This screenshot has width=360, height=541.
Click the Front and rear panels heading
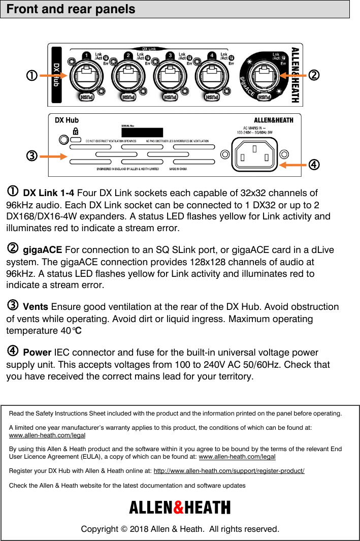71,9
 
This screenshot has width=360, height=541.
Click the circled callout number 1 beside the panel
31,76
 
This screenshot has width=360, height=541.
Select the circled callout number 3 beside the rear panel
31,155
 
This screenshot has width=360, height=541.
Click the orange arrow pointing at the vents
53,156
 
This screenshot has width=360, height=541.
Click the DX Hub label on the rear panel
67,120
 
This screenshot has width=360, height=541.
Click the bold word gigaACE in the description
43,250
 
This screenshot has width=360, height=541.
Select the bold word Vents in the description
36,307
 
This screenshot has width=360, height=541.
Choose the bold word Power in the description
37,353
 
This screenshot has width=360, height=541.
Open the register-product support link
228,471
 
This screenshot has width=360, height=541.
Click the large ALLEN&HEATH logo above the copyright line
180,507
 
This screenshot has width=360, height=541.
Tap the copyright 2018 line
180,529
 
